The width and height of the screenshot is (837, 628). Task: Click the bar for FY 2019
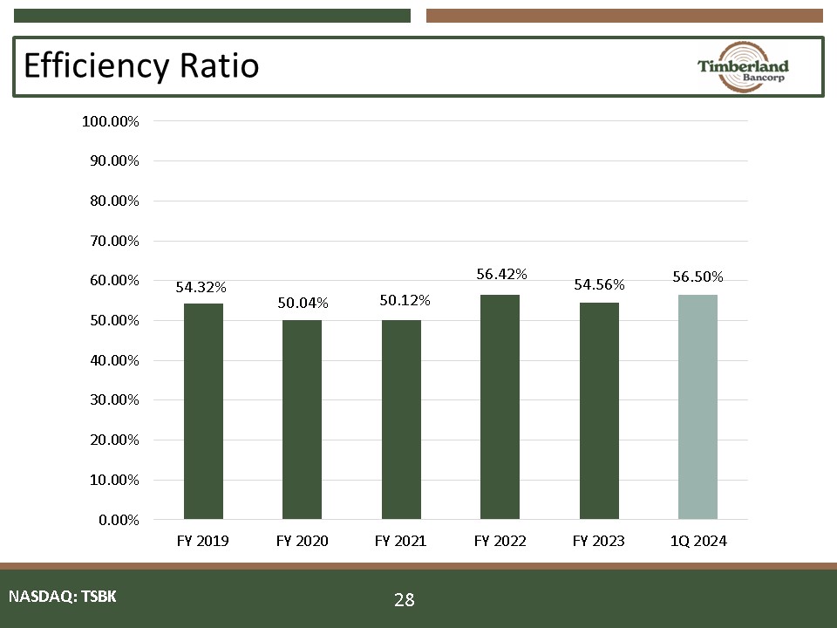[203, 411]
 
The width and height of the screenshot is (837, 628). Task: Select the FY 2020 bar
[302, 420]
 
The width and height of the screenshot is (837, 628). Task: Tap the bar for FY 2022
[500, 406]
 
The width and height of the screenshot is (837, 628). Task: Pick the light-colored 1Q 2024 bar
[697, 406]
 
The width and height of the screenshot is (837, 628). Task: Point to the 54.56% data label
[599, 284]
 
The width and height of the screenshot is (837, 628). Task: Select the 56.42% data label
[501, 274]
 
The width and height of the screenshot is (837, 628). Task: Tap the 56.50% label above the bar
[697, 276]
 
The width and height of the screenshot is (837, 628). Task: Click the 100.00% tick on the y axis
[111, 121]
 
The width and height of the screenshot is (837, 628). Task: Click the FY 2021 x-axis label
[400, 542]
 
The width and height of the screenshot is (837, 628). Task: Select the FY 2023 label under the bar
[598, 542]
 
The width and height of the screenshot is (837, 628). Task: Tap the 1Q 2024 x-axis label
[697, 542]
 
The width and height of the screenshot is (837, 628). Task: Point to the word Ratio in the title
[227, 65]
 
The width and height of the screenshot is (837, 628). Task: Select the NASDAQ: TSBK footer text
[62, 597]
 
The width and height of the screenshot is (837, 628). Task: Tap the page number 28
[404, 599]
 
